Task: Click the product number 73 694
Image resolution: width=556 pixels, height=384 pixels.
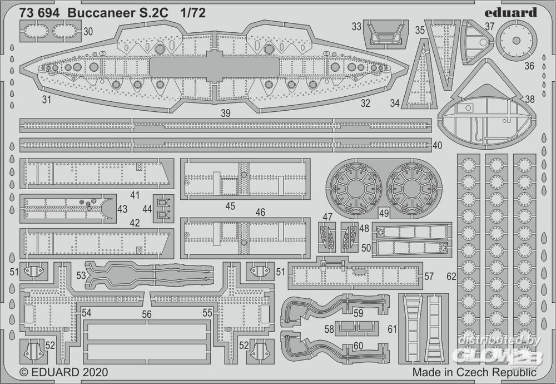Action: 39,13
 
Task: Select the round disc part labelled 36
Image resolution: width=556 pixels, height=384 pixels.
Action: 517,40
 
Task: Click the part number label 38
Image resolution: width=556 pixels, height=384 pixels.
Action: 530,99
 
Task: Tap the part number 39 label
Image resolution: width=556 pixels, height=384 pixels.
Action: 225,113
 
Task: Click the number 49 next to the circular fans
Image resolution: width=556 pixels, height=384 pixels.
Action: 384,211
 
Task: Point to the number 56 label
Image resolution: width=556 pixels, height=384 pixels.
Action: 147,314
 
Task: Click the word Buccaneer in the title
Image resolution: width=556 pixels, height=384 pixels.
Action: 96,13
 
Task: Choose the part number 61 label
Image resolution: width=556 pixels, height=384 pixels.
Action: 393,329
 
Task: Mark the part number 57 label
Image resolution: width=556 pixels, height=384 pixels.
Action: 429,276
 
